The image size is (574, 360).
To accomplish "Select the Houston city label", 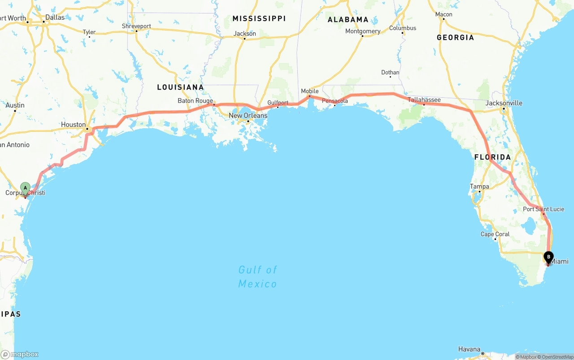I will [74, 125].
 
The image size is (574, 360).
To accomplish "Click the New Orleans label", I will [248, 116].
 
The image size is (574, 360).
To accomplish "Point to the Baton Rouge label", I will [195, 101].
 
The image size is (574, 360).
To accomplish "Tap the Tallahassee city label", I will [424, 100].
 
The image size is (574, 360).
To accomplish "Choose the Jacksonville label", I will [504, 103].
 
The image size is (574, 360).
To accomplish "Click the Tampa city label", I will [479, 187].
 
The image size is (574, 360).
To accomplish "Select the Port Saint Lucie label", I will [543, 209].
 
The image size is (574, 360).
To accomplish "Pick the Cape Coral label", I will [495, 234].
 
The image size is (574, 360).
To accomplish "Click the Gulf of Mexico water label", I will [258, 277].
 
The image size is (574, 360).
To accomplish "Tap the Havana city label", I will [469, 349].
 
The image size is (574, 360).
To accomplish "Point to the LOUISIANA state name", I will [180, 87].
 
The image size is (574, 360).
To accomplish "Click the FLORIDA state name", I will [492, 157].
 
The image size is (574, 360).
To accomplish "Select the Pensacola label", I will [335, 101].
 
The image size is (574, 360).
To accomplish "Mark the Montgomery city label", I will [363, 31].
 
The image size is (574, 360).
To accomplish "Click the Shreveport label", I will [136, 26].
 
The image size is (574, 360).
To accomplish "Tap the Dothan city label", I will [390, 73].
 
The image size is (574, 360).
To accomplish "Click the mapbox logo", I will [20, 354].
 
